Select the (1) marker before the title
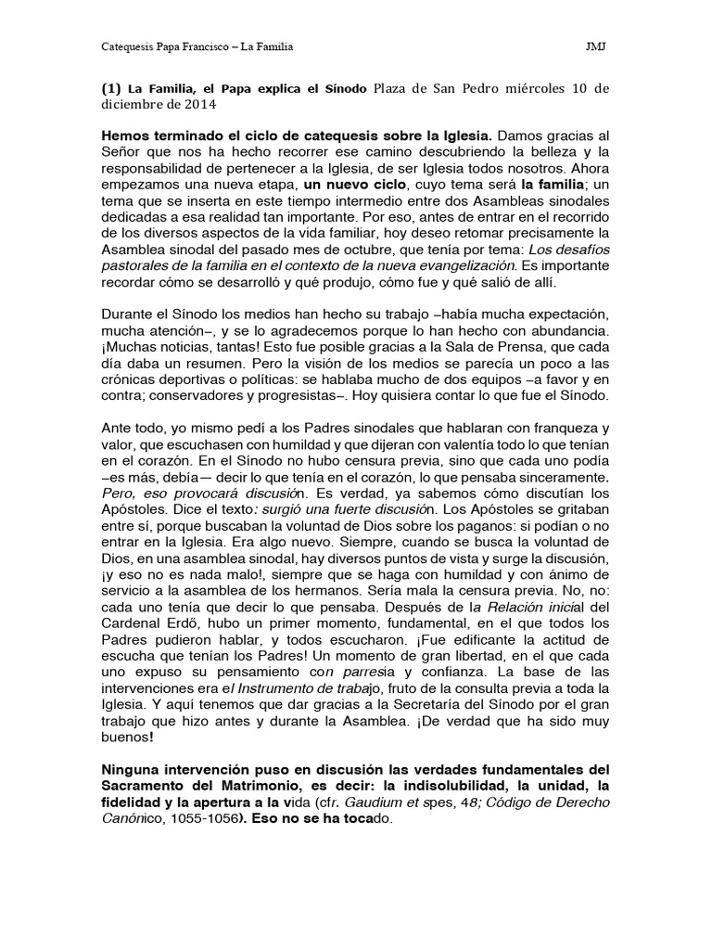point(110,89)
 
